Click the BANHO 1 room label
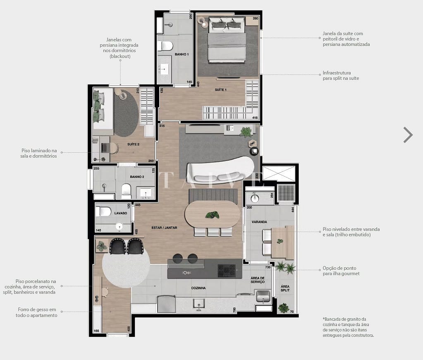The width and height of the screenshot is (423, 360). [182, 54]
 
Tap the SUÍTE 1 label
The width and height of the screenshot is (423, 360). [220, 90]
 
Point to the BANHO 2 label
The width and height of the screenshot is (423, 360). [137, 177]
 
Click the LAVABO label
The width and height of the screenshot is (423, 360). [109, 214]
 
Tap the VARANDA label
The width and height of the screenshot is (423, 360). [259, 222]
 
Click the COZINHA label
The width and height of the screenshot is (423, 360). [198, 288]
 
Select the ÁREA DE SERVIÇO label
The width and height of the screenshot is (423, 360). [257, 280]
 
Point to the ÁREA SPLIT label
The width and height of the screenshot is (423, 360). [285, 288]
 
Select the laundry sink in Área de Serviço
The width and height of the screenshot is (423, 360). [263, 296]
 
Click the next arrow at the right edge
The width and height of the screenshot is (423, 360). [408, 135]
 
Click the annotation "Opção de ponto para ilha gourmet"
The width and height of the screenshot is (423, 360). [341, 271]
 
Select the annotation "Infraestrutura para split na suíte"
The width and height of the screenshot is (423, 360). [341, 76]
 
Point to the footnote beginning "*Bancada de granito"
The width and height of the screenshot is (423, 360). [348, 327]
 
